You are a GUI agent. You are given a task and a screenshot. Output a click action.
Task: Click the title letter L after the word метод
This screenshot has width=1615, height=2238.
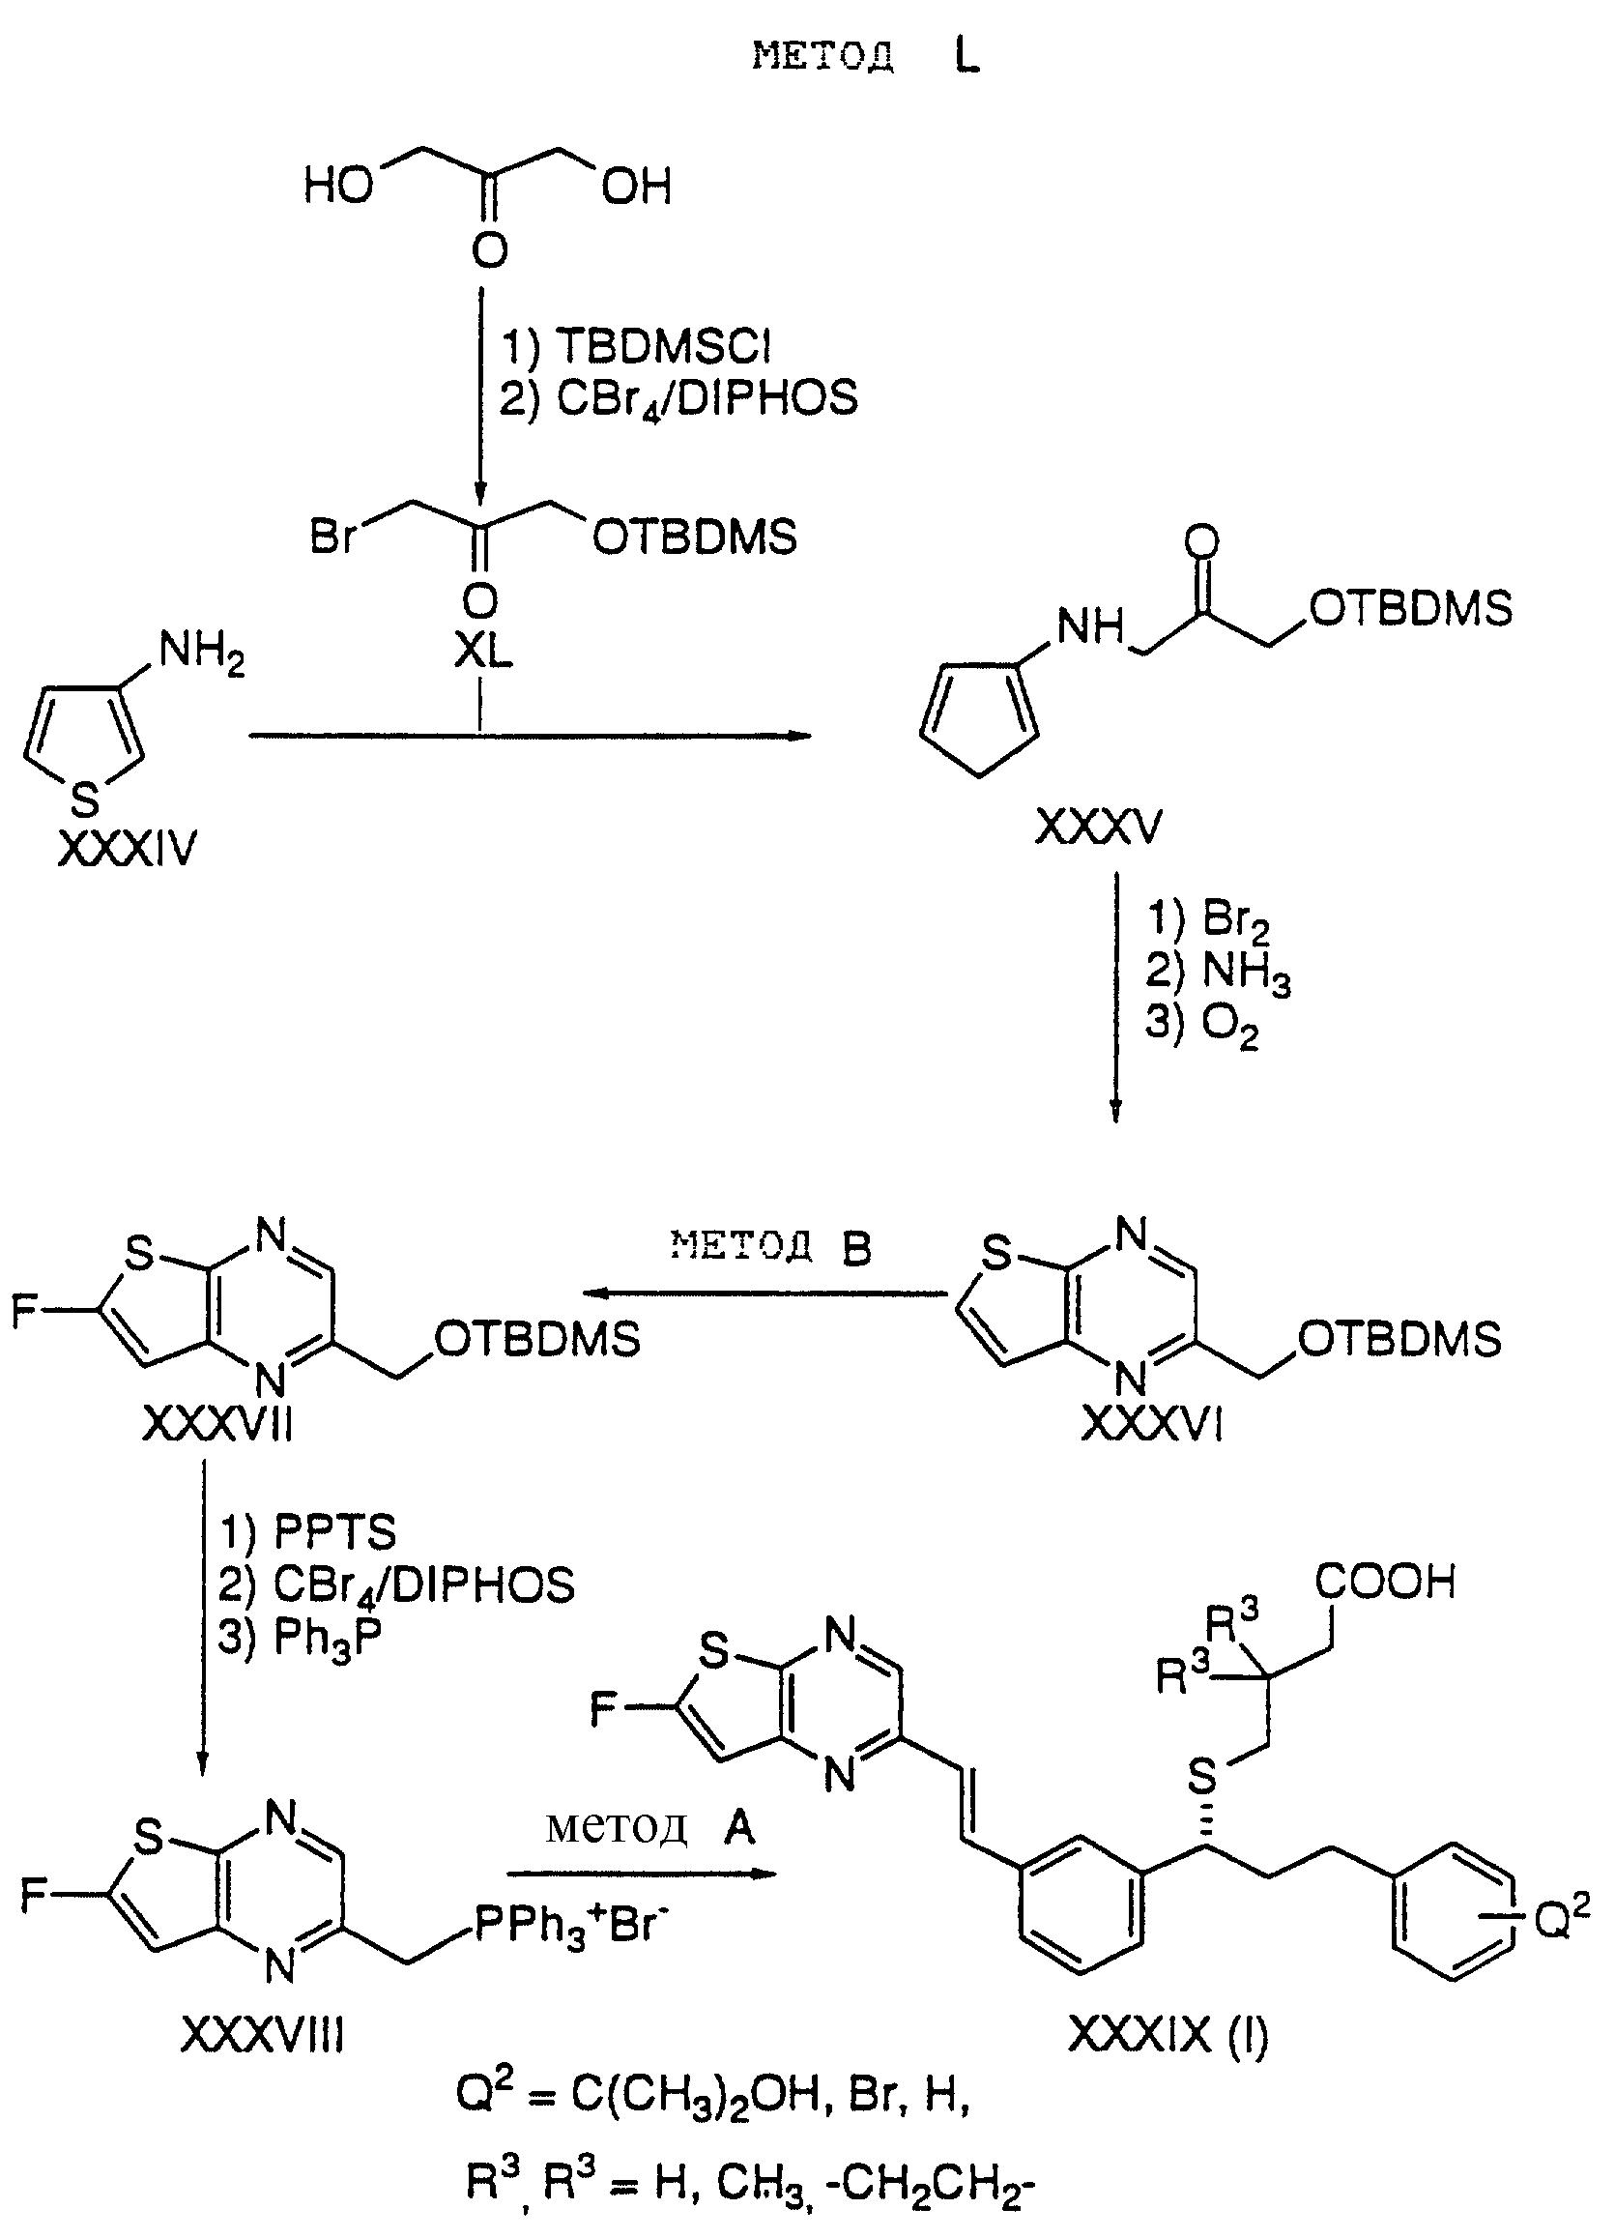point(966,57)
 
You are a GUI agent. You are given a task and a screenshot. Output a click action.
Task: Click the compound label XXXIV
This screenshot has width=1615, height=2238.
point(128,850)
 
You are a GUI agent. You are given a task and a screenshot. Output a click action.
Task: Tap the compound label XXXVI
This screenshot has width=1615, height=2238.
point(1151,1424)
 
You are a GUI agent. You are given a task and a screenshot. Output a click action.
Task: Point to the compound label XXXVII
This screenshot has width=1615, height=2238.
point(218,1424)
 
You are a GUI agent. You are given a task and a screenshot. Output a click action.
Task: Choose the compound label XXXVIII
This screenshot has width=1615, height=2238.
point(264,2035)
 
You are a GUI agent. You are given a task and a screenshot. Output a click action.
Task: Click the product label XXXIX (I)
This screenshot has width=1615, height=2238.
point(1169,2035)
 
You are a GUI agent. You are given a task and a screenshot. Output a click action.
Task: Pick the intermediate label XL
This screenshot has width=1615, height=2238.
point(482,653)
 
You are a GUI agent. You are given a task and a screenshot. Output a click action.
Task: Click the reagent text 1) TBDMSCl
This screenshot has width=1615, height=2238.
point(635,347)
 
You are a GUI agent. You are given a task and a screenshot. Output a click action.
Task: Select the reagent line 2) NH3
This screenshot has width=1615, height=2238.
point(1218,974)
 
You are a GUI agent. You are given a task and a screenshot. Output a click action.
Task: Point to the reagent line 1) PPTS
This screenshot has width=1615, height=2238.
point(306,1532)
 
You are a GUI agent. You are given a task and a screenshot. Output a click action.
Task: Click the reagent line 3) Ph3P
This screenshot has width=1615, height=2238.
point(299,1638)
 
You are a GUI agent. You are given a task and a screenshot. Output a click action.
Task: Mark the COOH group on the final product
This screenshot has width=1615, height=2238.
point(1385,1582)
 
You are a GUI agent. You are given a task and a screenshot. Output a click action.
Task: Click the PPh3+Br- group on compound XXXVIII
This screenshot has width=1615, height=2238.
point(564,1924)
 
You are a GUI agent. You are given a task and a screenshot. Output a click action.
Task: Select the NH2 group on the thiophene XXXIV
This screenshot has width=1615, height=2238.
point(201,655)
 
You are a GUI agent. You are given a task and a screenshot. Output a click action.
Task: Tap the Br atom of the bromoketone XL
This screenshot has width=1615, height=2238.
point(333,538)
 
